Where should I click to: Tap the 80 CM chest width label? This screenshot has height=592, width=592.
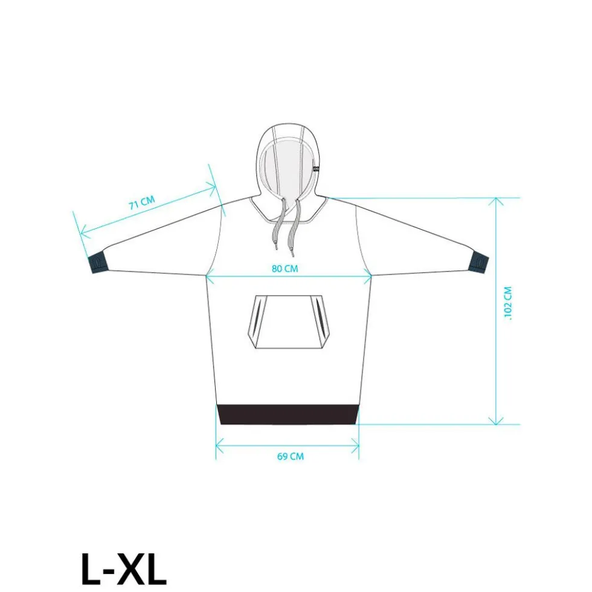[285, 269]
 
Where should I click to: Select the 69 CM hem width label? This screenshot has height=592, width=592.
[291, 456]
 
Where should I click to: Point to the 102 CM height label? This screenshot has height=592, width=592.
[507, 303]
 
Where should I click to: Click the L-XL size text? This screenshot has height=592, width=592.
[124, 570]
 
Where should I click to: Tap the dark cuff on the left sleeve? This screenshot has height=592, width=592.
[98, 263]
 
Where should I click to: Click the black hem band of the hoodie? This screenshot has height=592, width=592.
[288, 414]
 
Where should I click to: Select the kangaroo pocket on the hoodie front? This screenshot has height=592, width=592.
[288, 322]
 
